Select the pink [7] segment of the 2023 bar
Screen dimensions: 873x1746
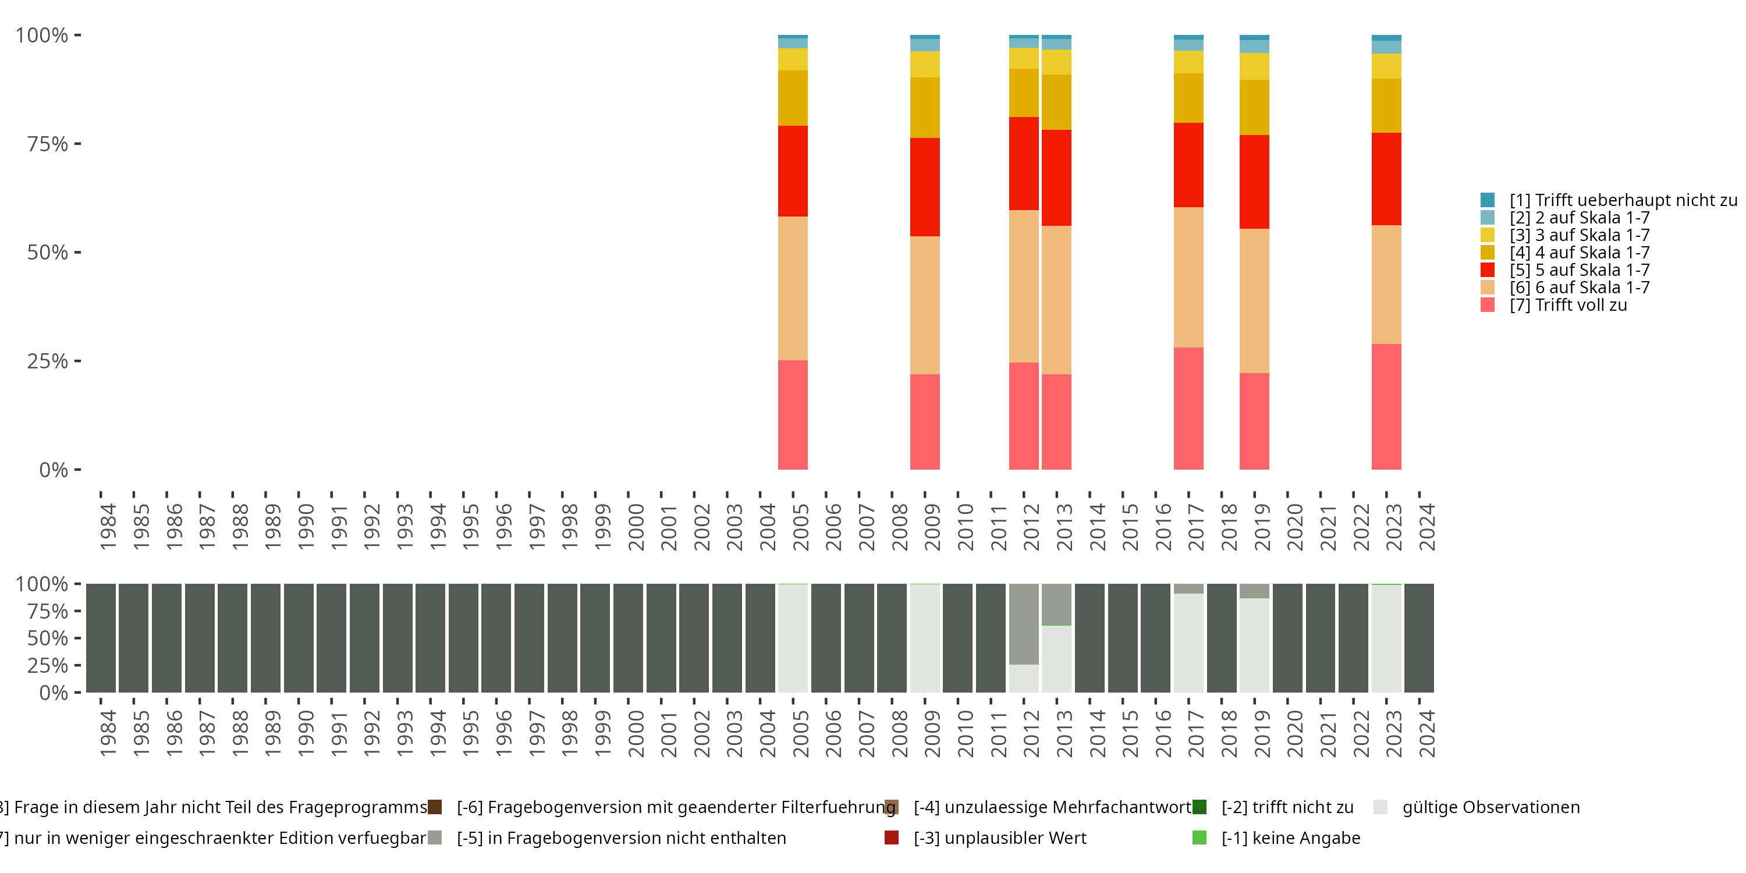coord(1386,407)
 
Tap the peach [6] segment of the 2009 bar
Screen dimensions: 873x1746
coord(925,305)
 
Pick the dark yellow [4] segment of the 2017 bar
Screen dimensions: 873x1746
coord(1188,98)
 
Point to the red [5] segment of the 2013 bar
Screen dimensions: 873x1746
coord(1056,178)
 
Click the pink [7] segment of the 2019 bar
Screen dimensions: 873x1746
coord(1254,421)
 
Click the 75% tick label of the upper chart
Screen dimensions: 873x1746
coord(48,144)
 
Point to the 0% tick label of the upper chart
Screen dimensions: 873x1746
coord(54,470)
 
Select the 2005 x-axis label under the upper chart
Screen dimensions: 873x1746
coord(800,527)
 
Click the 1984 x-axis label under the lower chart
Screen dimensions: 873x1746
coord(108,734)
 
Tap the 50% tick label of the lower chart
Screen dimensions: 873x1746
coord(48,638)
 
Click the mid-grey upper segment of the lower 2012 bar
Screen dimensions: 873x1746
coord(1024,623)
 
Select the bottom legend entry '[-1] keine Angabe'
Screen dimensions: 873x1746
coord(1290,837)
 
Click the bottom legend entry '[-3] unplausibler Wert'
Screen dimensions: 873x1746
coord(999,837)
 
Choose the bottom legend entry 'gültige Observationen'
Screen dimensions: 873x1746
coord(1490,807)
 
